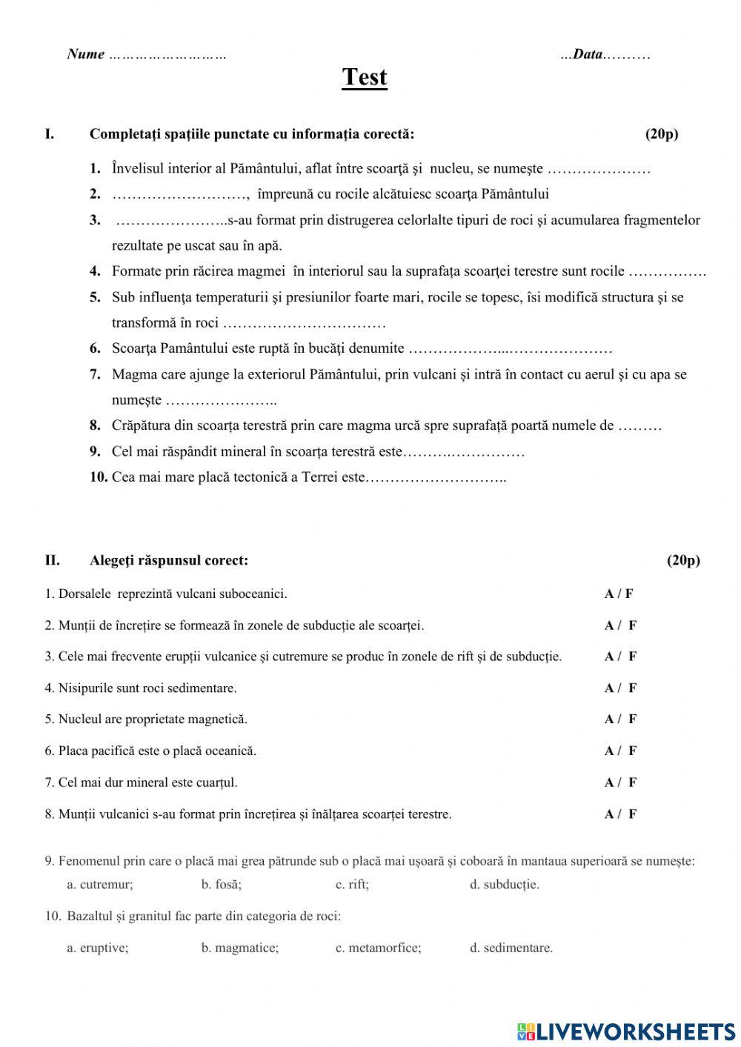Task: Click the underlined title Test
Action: pos(364,78)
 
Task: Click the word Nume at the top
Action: pos(85,54)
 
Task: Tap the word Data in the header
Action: pos(588,54)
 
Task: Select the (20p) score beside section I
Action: pos(661,134)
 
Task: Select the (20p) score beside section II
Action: pos(682,560)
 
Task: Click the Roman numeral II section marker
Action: pos(52,560)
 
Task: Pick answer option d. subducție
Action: pos(504,884)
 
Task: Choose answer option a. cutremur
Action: pos(100,884)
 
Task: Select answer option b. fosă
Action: pos(221,884)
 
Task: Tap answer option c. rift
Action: pos(352,884)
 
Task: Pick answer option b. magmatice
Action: pos(239,948)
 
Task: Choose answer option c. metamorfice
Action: pos(378,948)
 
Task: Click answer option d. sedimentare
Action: pos(511,948)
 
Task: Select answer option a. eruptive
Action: pos(97,948)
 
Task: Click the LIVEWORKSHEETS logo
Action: pos(626,1031)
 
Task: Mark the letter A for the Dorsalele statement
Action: pos(608,594)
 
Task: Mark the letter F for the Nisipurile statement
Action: pos(632,688)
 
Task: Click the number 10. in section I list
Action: pos(99,477)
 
